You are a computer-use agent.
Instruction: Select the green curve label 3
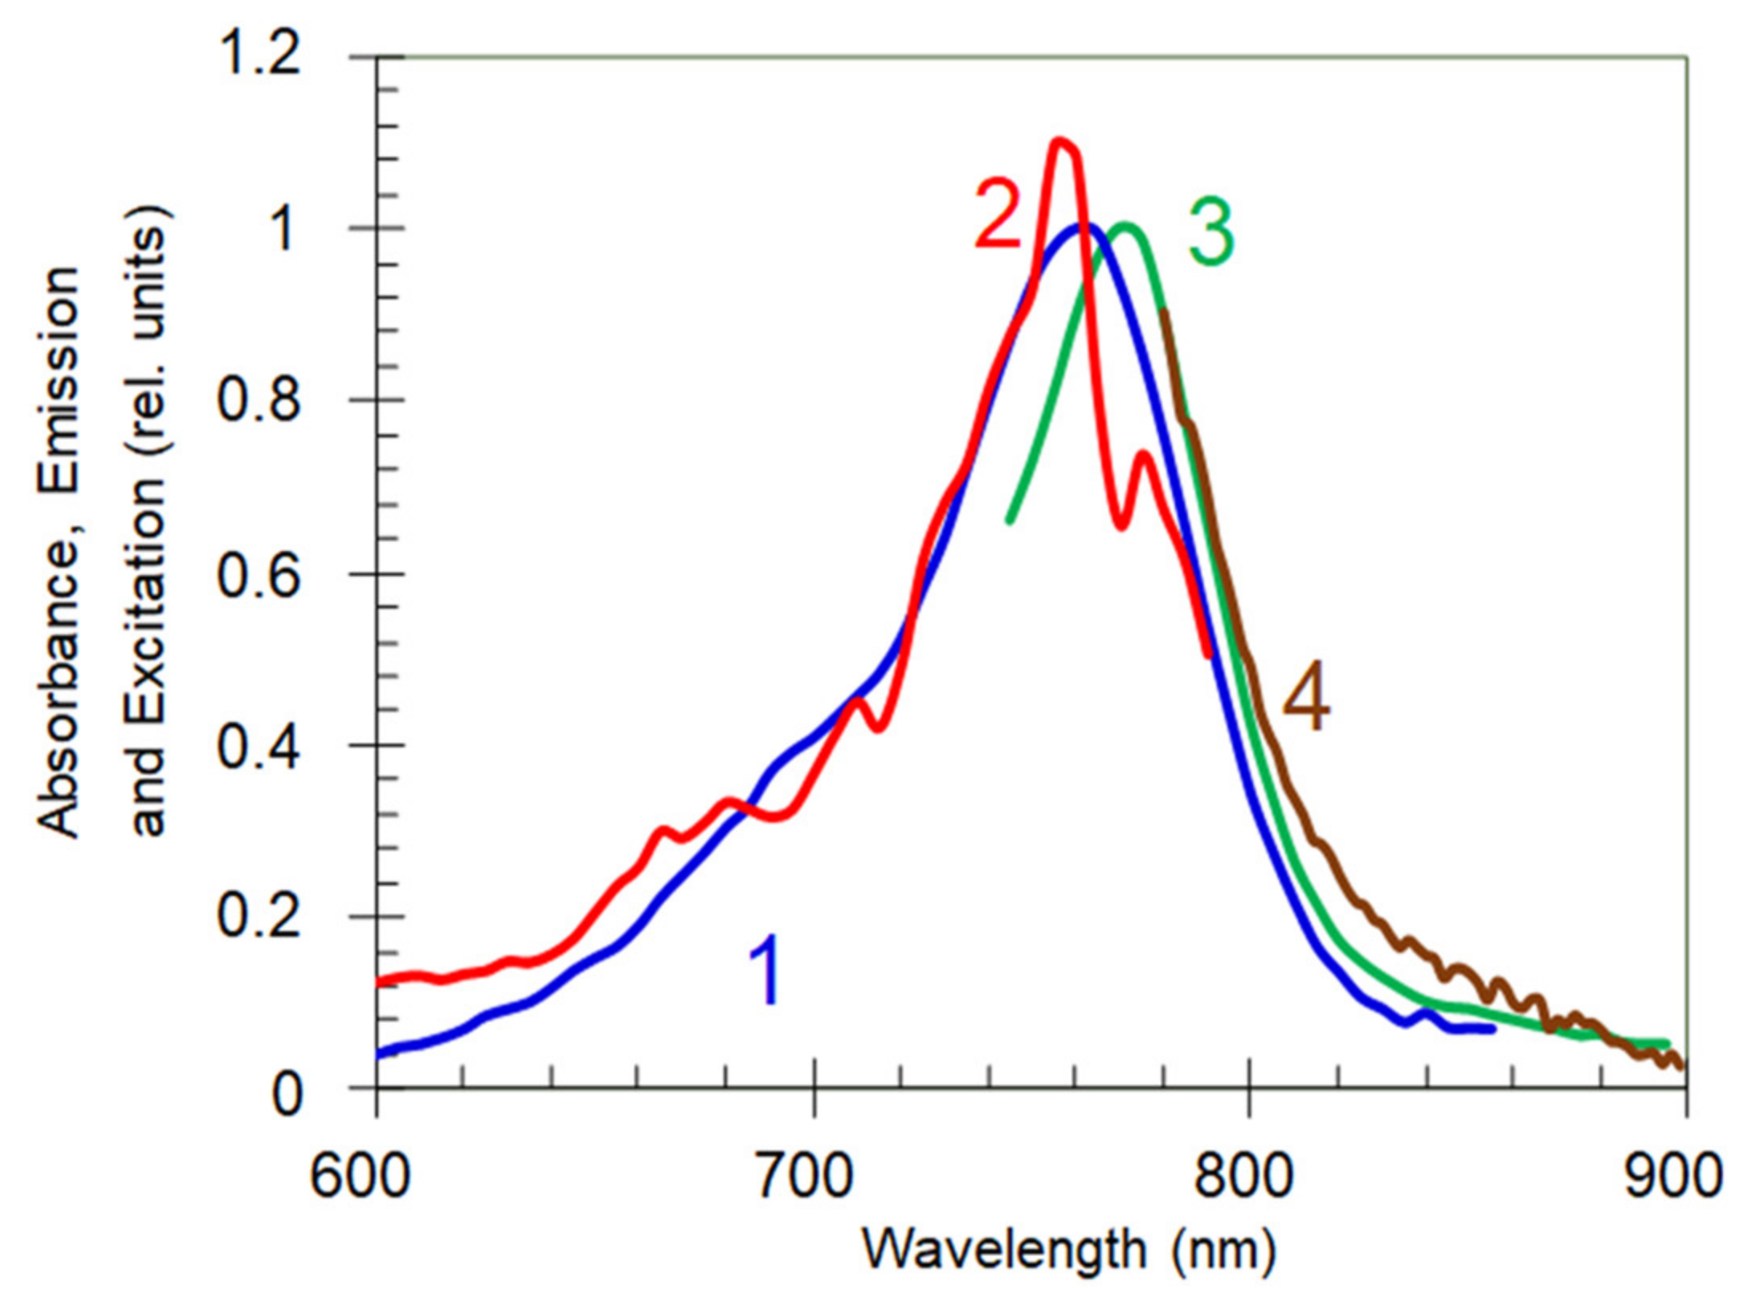point(1210,233)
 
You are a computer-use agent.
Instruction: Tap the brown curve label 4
point(1306,701)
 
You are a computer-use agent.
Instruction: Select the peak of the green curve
point(1126,226)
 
